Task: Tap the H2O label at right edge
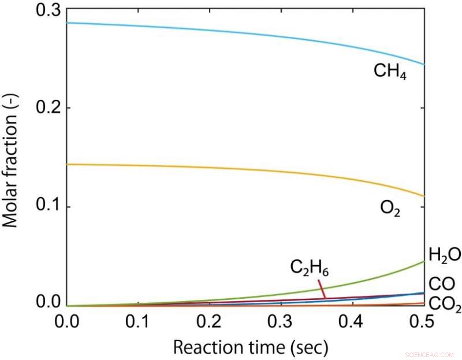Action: (x=444, y=254)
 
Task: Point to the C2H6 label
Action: (x=309, y=269)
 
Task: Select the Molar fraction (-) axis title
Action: (x=13, y=158)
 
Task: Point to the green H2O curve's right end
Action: (x=423, y=262)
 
